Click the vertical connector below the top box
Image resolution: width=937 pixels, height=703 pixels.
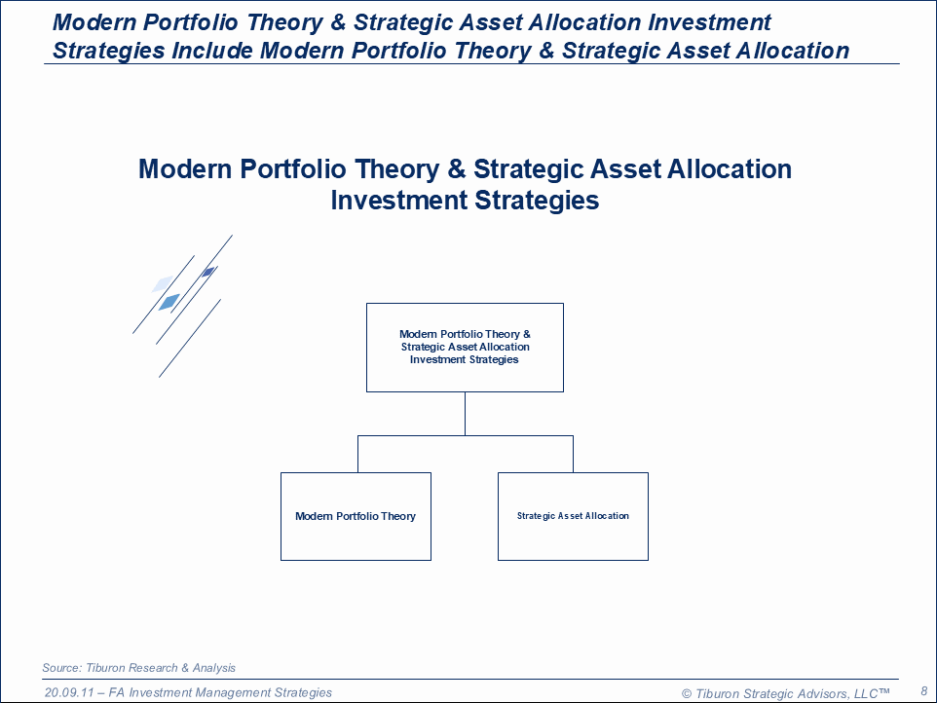pyautogui.click(x=465, y=414)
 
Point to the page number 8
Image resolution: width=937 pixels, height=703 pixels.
pyautogui.click(x=924, y=691)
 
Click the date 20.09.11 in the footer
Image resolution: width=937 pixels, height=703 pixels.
pyautogui.click(x=69, y=692)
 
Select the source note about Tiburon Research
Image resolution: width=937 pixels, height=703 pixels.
pyautogui.click(x=138, y=668)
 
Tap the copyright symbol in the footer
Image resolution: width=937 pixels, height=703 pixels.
pyautogui.click(x=687, y=693)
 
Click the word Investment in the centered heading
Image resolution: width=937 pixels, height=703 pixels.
pyautogui.click(x=399, y=200)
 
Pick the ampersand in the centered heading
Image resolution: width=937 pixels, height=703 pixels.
pyautogui.click(x=457, y=169)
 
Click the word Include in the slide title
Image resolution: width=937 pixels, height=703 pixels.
pyautogui.click(x=212, y=51)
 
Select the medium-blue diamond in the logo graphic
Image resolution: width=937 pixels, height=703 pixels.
pyautogui.click(x=169, y=302)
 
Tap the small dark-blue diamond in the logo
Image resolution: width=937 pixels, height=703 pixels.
pyautogui.click(x=208, y=273)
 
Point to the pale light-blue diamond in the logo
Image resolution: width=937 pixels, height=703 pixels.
pyautogui.click(x=163, y=283)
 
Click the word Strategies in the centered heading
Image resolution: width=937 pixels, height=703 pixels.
pyautogui.click(x=537, y=200)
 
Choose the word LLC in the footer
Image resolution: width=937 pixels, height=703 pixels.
pyautogui.click(x=866, y=693)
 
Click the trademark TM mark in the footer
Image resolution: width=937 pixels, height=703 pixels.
pyautogui.click(x=883, y=690)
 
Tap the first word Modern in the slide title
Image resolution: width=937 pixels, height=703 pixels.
pyautogui.click(x=95, y=22)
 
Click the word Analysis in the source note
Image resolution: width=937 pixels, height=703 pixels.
pyautogui.click(x=214, y=668)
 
